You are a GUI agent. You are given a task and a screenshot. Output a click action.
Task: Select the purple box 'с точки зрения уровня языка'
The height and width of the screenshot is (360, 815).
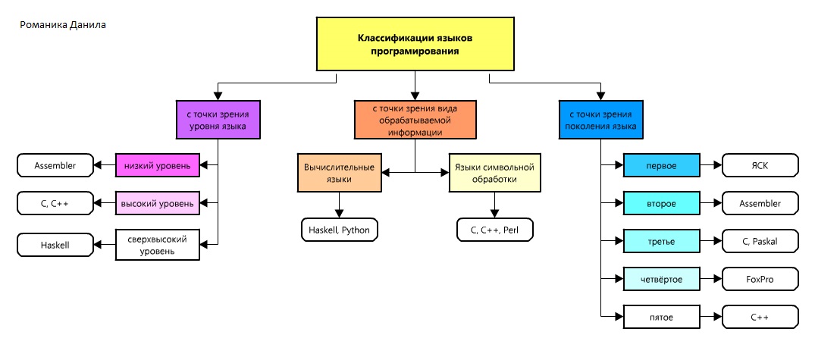pyautogui.click(x=218, y=119)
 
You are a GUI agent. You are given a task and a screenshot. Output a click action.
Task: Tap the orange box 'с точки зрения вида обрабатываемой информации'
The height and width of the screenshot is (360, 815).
pyautogui.click(x=415, y=119)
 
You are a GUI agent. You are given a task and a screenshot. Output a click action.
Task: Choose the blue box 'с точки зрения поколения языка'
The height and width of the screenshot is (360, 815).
pyautogui.click(x=597, y=119)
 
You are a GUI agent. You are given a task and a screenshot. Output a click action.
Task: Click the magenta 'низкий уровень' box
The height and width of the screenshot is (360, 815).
pyautogui.click(x=158, y=164)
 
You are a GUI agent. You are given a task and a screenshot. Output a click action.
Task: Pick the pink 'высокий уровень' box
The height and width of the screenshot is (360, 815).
pyautogui.click(x=158, y=203)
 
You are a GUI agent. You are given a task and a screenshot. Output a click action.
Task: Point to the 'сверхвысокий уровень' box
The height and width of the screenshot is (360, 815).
pyautogui.click(x=158, y=244)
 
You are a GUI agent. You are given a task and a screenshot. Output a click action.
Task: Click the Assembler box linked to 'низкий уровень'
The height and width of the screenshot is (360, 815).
pyautogui.click(x=55, y=164)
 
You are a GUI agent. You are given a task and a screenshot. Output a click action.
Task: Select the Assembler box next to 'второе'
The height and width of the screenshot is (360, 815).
pyautogui.click(x=760, y=203)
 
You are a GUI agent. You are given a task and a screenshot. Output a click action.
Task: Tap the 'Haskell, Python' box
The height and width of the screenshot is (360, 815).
pyautogui.click(x=338, y=228)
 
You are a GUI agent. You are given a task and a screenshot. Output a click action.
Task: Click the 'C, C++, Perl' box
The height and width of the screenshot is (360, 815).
pyautogui.click(x=495, y=228)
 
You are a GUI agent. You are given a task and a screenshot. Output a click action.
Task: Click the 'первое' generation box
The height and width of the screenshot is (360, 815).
pyautogui.click(x=660, y=164)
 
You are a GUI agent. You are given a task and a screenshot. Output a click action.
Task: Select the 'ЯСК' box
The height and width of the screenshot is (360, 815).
pyautogui.click(x=760, y=164)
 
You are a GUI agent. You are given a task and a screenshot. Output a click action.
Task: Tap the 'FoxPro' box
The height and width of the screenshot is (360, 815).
pyautogui.click(x=760, y=279)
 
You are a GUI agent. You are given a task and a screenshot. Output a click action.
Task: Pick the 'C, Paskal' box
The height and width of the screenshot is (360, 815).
pyautogui.click(x=760, y=241)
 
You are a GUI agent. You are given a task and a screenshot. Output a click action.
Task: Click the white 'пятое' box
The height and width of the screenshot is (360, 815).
pyautogui.click(x=660, y=317)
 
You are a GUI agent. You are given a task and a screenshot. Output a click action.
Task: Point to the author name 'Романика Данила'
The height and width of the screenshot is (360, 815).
pyautogui.click(x=62, y=24)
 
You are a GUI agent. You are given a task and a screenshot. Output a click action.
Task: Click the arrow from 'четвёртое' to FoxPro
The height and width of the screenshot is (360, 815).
pyautogui.click(x=710, y=279)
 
